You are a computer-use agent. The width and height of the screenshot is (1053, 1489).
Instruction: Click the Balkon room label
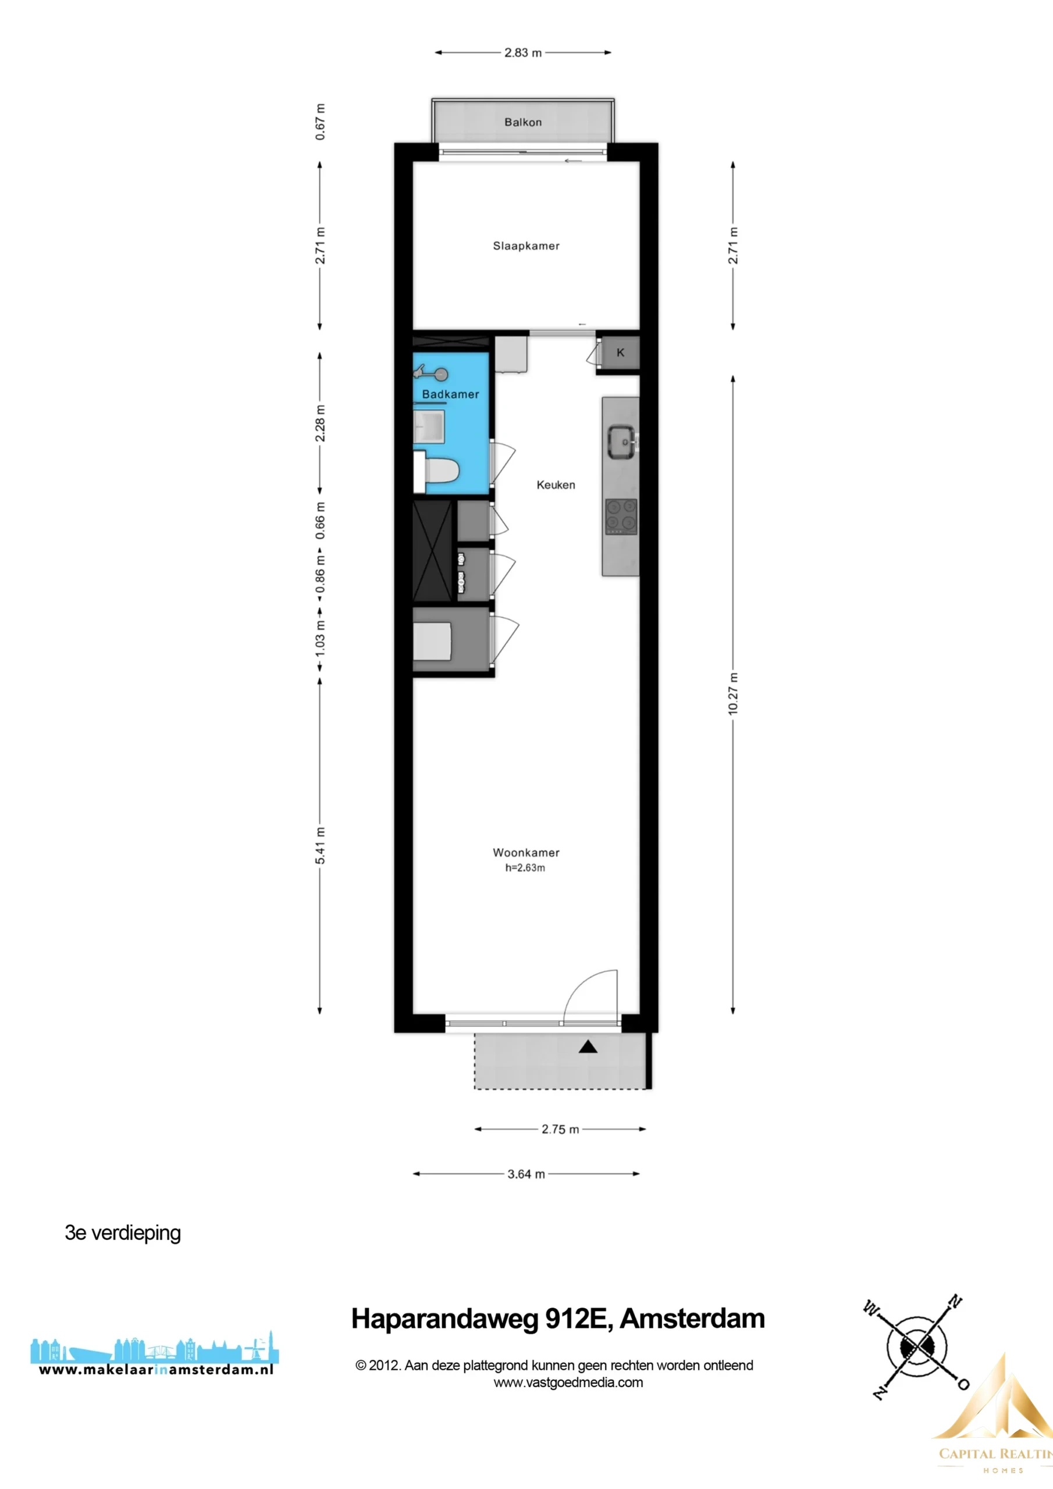pyautogui.click(x=523, y=122)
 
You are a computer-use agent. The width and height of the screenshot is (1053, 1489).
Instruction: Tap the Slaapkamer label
pyautogui.click(x=526, y=246)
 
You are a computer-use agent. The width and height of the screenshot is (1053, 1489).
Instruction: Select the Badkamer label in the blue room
pyautogui.click(x=450, y=394)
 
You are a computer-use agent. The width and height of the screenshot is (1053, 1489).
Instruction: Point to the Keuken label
pyautogui.click(x=556, y=485)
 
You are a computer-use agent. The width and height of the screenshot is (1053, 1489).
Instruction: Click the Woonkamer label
pyautogui.click(x=526, y=852)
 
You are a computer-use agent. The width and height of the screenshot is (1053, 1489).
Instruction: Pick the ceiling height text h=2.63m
pyautogui.click(x=525, y=868)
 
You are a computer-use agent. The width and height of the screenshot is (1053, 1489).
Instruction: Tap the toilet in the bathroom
pyautogui.click(x=437, y=472)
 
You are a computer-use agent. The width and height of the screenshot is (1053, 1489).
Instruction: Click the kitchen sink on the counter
pyautogui.click(x=622, y=442)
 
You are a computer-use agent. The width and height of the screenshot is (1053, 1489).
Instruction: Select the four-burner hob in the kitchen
pyautogui.click(x=621, y=516)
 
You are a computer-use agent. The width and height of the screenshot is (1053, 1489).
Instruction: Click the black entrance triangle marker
pyautogui.click(x=588, y=1047)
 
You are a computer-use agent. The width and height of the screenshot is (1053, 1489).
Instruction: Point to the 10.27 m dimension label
pyautogui.click(x=733, y=694)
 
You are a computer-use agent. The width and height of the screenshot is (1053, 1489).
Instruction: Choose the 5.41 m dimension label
pyautogui.click(x=320, y=846)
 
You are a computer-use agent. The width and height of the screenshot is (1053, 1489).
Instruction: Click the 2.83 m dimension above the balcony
pyautogui.click(x=523, y=52)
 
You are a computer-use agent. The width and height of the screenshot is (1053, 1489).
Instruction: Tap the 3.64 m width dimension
pyautogui.click(x=526, y=1174)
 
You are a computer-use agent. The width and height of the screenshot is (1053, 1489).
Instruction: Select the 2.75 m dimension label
pyautogui.click(x=560, y=1129)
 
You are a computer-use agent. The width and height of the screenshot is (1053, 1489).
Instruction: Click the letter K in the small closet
pyautogui.click(x=620, y=353)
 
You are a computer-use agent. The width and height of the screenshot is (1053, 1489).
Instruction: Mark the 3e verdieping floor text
pyautogui.click(x=123, y=1233)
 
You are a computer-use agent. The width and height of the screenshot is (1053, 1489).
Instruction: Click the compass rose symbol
pyautogui.click(x=916, y=1348)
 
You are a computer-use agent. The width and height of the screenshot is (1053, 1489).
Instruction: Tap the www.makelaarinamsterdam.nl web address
pyautogui.click(x=156, y=1370)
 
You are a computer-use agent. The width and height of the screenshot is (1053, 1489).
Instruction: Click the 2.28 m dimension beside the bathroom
pyautogui.click(x=320, y=423)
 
